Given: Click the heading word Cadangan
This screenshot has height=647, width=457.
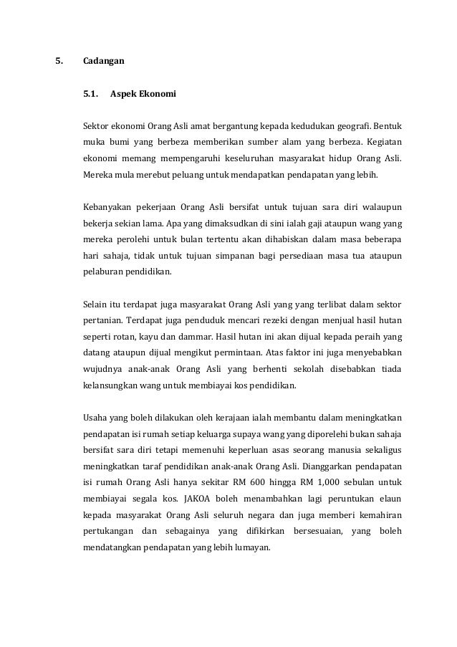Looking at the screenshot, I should (x=104, y=62).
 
